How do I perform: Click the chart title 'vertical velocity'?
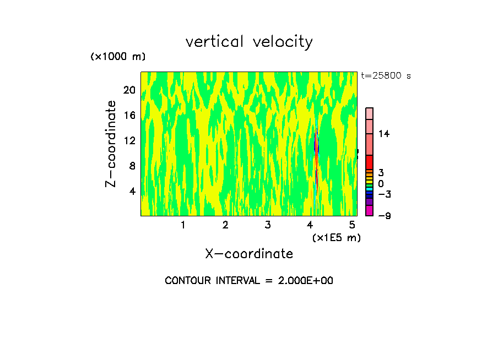tap(249, 42)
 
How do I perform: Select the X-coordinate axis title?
tap(249, 253)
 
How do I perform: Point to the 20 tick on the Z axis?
tap(129, 90)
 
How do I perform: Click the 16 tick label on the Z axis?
tap(129, 116)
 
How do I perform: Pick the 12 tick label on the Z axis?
tap(129, 140)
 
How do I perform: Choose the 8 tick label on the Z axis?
tap(132, 166)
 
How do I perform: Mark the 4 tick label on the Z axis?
tap(132, 191)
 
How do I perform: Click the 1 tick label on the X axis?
tap(183, 225)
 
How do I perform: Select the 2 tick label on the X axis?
tap(225, 225)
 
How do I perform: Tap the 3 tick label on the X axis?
tap(268, 225)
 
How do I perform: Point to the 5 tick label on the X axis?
tap(353, 225)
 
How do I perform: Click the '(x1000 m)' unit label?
tap(118, 57)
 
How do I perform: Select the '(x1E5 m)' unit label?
tap(336, 237)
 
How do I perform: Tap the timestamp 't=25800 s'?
tap(386, 76)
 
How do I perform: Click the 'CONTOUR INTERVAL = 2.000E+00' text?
tap(249, 281)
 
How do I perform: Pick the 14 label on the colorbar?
tap(384, 134)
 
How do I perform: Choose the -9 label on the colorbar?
tap(385, 216)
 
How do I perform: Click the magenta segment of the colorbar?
tap(370, 210)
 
